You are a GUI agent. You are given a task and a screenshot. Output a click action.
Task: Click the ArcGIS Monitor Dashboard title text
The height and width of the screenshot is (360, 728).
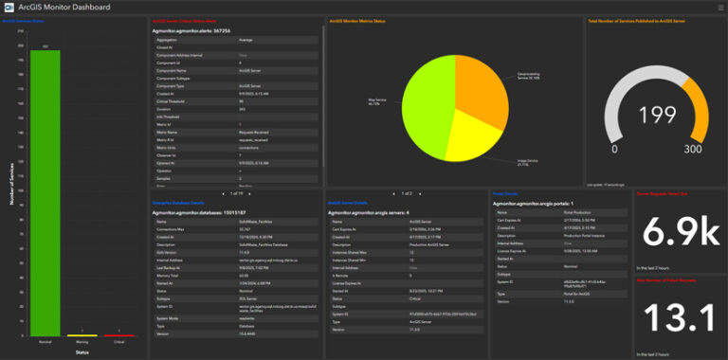[63, 7]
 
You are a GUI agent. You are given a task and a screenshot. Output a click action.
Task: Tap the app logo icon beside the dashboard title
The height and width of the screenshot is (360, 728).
[9, 7]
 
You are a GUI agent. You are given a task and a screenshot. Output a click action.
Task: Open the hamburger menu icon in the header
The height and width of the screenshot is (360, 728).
[718, 7]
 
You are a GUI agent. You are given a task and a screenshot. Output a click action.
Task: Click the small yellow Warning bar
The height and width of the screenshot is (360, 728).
[76, 334]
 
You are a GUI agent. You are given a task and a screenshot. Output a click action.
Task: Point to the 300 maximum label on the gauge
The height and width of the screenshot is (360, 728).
[692, 149]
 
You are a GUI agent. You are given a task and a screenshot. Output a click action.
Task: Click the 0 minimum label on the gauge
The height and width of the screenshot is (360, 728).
[614, 149]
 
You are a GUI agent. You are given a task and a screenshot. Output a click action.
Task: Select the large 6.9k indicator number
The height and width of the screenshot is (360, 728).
[679, 232]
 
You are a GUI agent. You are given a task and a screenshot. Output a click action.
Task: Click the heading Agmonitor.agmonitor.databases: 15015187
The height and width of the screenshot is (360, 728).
[198, 212]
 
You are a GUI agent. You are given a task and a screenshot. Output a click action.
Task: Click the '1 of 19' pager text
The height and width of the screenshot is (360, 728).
[237, 192]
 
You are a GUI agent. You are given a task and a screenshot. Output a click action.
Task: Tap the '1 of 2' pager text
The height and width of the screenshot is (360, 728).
[406, 192]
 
